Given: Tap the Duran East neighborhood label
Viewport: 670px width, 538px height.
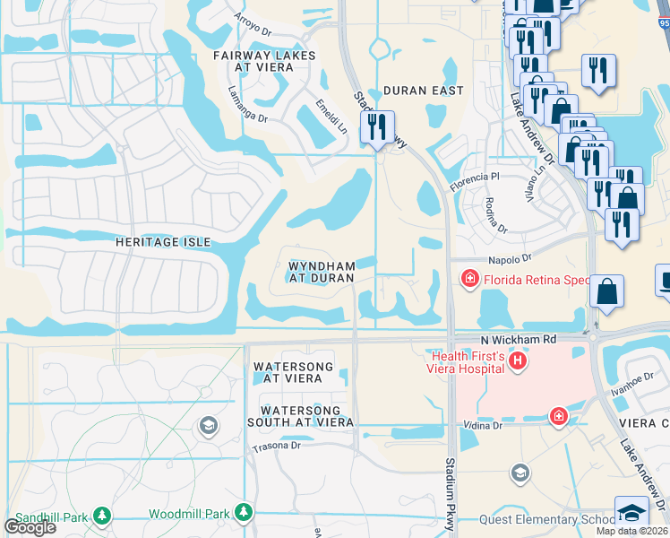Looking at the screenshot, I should coord(423,91).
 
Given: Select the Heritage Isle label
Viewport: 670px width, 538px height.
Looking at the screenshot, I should coord(163,242).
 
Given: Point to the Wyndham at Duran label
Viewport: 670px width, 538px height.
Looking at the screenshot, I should coord(321,272).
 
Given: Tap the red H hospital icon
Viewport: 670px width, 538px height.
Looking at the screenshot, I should coord(516,360).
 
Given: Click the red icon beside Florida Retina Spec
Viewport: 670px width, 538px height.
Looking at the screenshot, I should coord(468,280).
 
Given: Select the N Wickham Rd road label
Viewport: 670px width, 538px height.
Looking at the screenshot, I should coord(519,340).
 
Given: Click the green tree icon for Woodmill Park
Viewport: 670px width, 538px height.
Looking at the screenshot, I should coord(243,512).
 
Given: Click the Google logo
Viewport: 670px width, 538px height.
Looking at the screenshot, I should coord(30,527).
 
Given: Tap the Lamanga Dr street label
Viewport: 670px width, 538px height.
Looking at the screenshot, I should coord(247,104).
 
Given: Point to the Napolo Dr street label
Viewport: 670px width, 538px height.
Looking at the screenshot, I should coord(511,258).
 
